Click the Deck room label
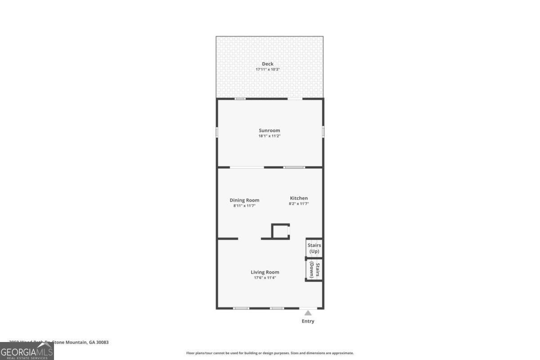pyautogui.click(x=268, y=64)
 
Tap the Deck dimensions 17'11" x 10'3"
pyautogui.click(x=268, y=70)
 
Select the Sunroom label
pyautogui.click(x=269, y=130)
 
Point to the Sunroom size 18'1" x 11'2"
pyautogui.click(x=269, y=136)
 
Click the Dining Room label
pyautogui.click(x=244, y=200)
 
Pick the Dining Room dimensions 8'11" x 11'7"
pyautogui.click(x=244, y=206)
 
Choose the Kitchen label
pyautogui.click(x=299, y=198)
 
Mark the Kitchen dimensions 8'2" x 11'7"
pyautogui.click(x=299, y=204)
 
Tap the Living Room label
pyautogui.click(x=265, y=272)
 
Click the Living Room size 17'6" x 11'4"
pyautogui.click(x=265, y=278)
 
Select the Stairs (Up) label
pyautogui.click(x=314, y=248)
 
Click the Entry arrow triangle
pyautogui.click(x=308, y=313)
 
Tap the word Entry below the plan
pyautogui.click(x=308, y=321)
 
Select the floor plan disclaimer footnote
pyautogui.click(x=270, y=353)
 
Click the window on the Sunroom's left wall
pyautogui.click(x=217, y=132)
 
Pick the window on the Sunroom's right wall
pyautogui.click(x=323, y=131)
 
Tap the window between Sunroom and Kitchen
pyautogui.click(x=294, y=167)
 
